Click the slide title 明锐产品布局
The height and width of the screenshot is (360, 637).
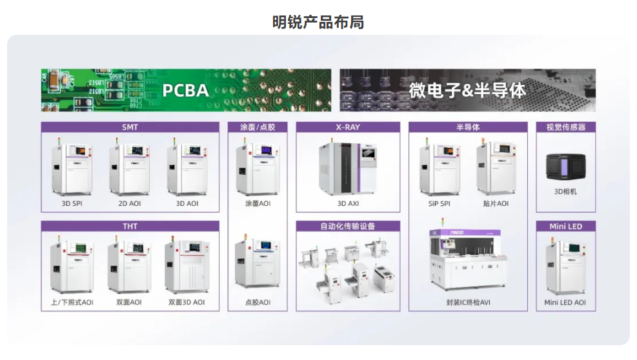[318, 22]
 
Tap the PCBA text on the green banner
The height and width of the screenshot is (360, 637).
[185, 90]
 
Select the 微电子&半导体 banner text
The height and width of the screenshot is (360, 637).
[467, 90]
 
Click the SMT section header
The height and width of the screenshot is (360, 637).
[130, 127]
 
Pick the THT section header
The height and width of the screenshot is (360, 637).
[130, 226]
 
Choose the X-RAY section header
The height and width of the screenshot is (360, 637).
[348, 127]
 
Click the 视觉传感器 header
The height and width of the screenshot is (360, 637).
[565, 127]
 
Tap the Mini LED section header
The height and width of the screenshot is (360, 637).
[565, 226]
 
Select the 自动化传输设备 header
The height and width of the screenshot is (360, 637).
[348, 226]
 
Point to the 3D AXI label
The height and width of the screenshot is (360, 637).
[348, 203]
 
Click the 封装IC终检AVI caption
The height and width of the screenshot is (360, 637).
[468, 302]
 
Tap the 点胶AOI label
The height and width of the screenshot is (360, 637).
[258, 302]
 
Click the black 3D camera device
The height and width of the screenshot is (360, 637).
[565, 166]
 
